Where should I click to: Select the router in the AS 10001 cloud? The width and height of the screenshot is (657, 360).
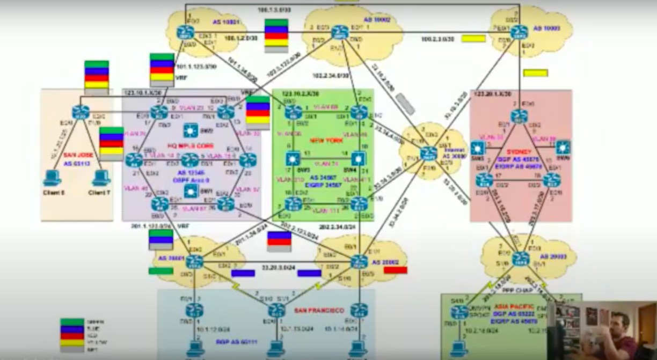pos(186,32)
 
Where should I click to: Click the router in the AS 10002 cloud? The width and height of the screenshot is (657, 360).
pos(339,33)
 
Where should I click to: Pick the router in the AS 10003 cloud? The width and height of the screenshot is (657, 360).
pos(518,32)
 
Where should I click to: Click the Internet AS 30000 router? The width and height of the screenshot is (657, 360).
pos(428,154)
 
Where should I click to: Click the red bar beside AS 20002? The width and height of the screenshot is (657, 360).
pos(396,270)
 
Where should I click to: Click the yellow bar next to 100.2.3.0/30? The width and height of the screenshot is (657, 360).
pos(473,39)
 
